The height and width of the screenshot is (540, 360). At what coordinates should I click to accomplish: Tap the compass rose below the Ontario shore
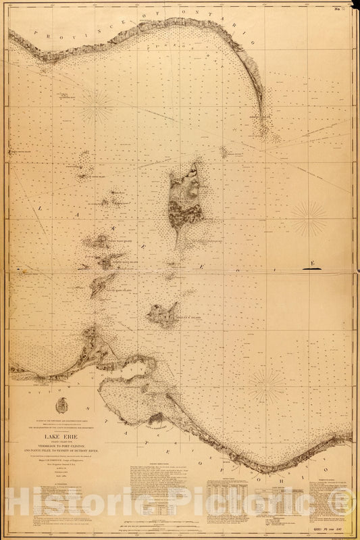(x=97, y=106)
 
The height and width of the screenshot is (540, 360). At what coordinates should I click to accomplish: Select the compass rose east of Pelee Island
(x=309, y=218)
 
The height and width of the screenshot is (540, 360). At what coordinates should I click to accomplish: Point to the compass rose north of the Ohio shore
(x=266, y=386)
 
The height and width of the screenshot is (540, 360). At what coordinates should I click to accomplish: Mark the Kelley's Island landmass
(x=163, y=314)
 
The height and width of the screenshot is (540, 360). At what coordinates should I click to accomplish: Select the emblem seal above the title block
(x=61, y=405)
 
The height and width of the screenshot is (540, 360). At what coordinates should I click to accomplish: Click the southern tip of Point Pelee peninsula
(x=261, y=132)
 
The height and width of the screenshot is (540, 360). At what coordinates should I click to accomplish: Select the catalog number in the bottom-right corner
(x=330, y=533)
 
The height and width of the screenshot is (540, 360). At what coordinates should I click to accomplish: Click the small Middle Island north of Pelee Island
(x=223, y=153)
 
